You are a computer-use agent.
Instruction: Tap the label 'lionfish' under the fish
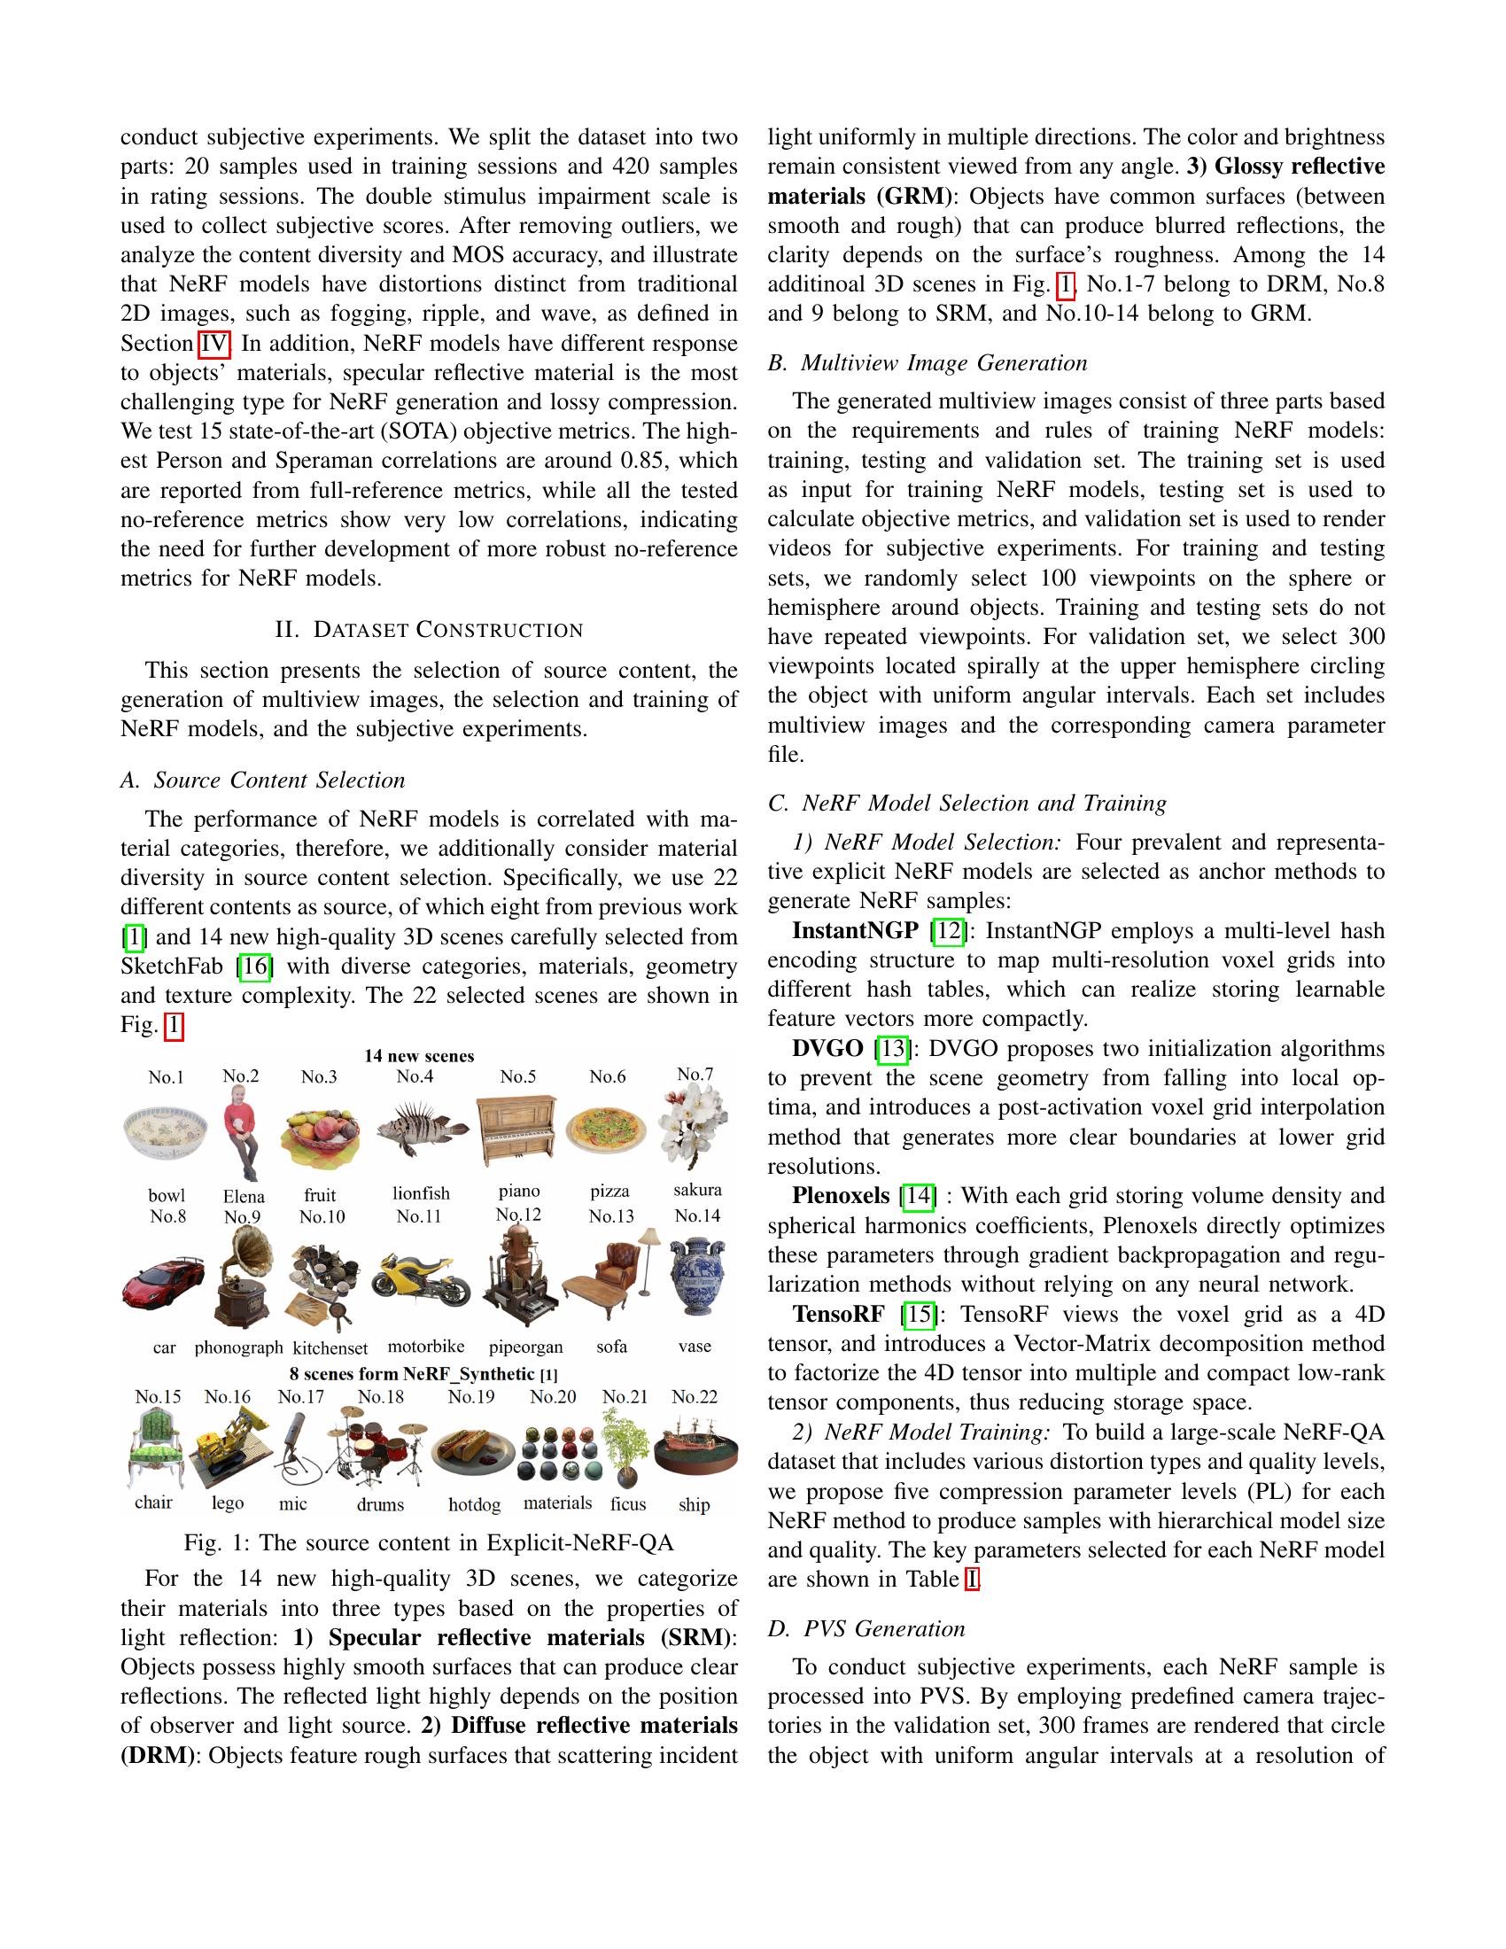click(x=421, y=1193)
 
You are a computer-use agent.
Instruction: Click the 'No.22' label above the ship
click(x=695, y=1396)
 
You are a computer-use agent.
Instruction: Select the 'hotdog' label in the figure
click(x=474, y=1504)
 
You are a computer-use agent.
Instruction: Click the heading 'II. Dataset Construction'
click(x=429, y=630)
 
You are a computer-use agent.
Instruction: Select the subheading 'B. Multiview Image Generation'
click(x=927, y=362)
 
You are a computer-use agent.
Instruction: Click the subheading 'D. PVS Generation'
click(x=866, y=1628)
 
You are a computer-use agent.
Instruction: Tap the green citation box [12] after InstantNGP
click(x=948, y=931)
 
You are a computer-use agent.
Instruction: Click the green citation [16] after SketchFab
click(x=254, y=966)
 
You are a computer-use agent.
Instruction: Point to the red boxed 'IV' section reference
click(x=214, y=344)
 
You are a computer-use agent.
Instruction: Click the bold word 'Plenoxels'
click(x=841, y=1195)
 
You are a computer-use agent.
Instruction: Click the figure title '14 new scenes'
click(x=419, y=1056)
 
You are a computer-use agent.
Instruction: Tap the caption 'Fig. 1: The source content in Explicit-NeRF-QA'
click(x=428, y=1543)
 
